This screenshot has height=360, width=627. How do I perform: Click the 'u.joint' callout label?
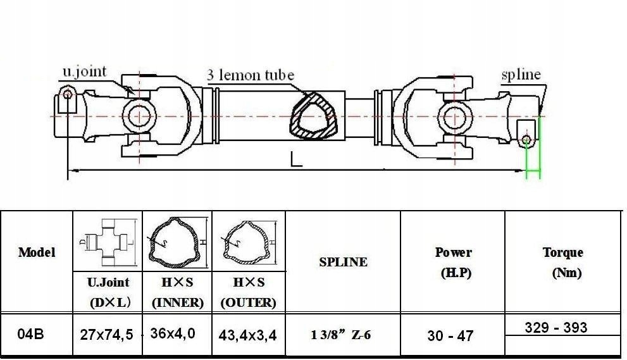(x=85, y=71)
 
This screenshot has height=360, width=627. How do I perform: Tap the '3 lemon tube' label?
(x=251, y=75)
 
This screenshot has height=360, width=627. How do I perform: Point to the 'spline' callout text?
(x=521, y=75)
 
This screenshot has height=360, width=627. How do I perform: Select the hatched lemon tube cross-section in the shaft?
(x=313, y=116)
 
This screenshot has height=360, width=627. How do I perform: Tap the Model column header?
(x=37, y=252)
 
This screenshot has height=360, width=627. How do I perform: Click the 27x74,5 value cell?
(x=106, y=335)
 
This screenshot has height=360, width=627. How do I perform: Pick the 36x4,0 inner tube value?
(x=173, y=333)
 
